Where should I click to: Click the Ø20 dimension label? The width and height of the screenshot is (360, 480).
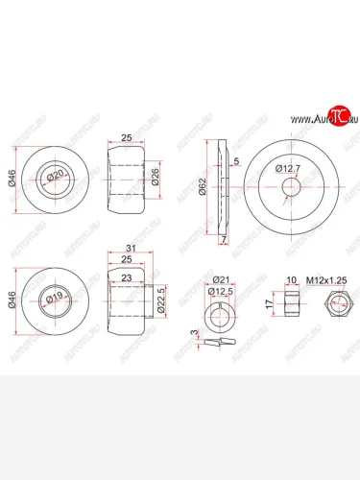[x=57, y=174]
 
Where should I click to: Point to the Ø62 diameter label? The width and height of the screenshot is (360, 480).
[x=202, y=188]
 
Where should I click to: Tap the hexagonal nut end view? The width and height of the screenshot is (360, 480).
[x=338, y=305]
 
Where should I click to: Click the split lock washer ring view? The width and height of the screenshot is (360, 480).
[x=222, y=313]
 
